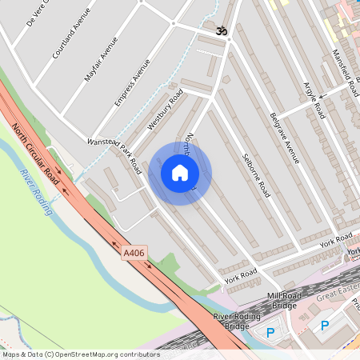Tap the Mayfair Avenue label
tap(101, 58)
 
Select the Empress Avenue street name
tap(132, 83)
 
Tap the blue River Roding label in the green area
tap(37, 192)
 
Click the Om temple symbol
tap(222, 30)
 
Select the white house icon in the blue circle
tap(179, 173)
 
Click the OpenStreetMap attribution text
tap(80, 354)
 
